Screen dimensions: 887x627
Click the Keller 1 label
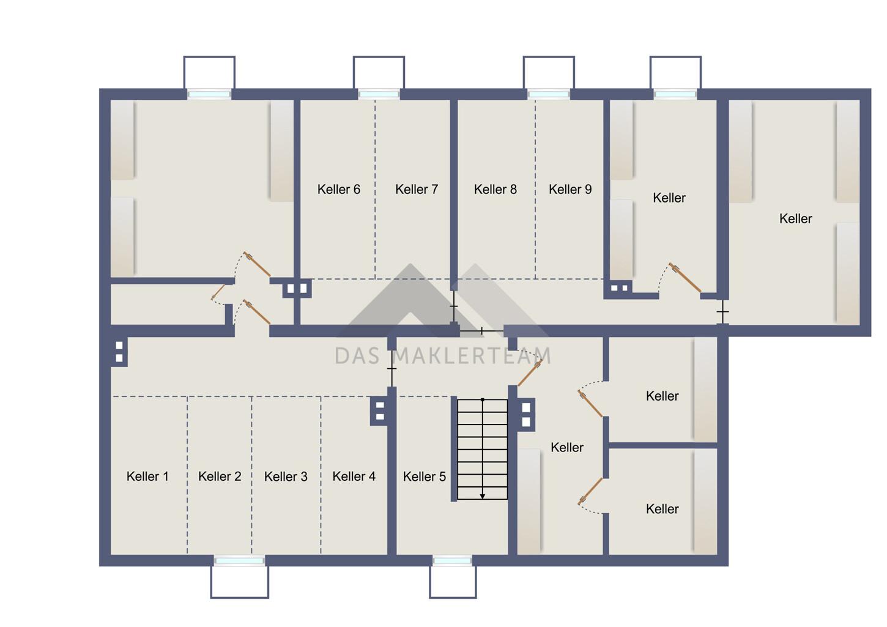pyautogui.click(x=147, y=476)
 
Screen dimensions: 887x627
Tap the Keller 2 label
pyautogui.click(x=220, y=476)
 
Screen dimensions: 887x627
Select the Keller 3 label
pyautogui.click(x=286, y=476)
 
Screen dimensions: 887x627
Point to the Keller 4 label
pyautogui.click(x=354, y=476)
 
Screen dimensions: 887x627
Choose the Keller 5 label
pyautogui.click(x=425, y=476)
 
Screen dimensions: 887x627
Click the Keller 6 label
pyautogui.click(x=339, y=190)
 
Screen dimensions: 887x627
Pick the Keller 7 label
pyautogui.click(x=417, y=190)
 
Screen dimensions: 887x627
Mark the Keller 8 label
pyautogui.click(x=495, y=190)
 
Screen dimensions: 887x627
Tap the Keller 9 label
pyautogui.click(x=570, y=190)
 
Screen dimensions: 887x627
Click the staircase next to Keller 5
pyautogui.click(x=482, y=449)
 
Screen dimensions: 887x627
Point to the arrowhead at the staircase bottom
pyautogui.click(x=482, y=496)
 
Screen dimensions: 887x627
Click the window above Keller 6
pyautogui.click(x=379, y=94)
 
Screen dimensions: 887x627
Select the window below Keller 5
pyautogui.click(x=452, y=560)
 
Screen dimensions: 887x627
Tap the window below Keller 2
pyautogui.click(x=239, y=560)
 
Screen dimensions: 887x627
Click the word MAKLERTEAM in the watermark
pyautogui.click(x=473, y=355)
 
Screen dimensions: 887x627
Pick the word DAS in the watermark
pyautogui.click(x=358, y=355)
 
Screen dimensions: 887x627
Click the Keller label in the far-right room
pyautogui.click(x=795, y=218)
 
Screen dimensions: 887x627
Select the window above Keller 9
pyautogui.click(x=549, y=94)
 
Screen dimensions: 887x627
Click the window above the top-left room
pyautogui.click(x=209, y=94)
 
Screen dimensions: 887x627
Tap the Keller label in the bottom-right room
pyautogui.click(x=662, y=509)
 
